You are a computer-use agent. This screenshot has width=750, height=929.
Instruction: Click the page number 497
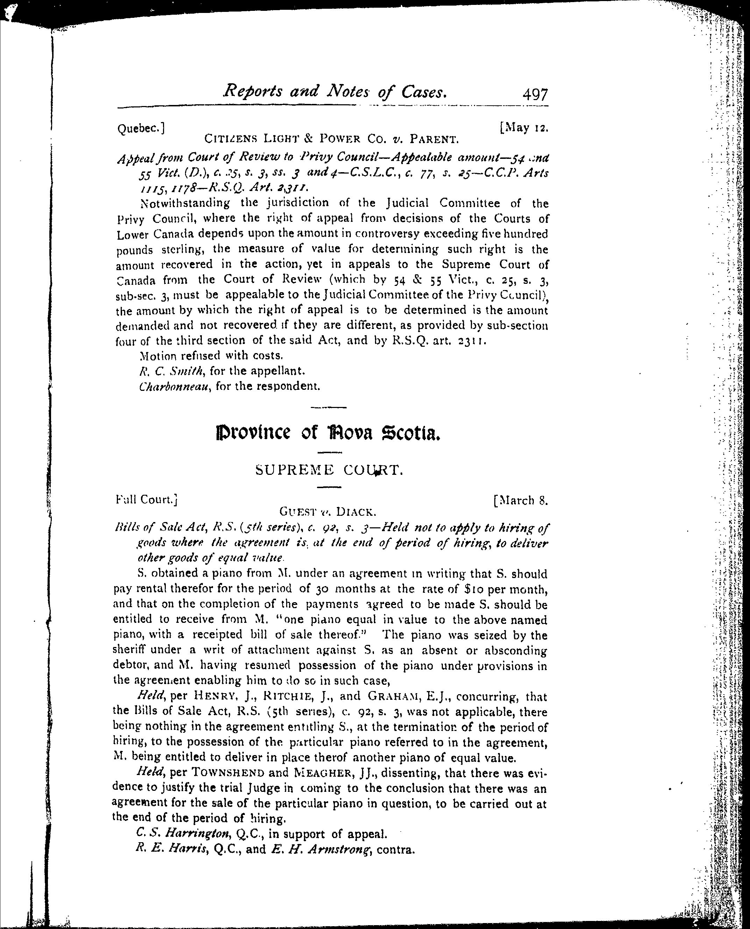[535, 94]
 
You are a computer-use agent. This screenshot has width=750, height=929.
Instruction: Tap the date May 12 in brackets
[524, 128]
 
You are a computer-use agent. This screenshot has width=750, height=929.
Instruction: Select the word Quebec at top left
[140, 128]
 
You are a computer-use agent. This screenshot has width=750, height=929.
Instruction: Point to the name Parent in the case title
[433, 140]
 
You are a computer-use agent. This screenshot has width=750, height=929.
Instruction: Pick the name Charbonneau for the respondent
[175, 386]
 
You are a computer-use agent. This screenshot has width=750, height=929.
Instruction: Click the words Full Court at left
[146, 500]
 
